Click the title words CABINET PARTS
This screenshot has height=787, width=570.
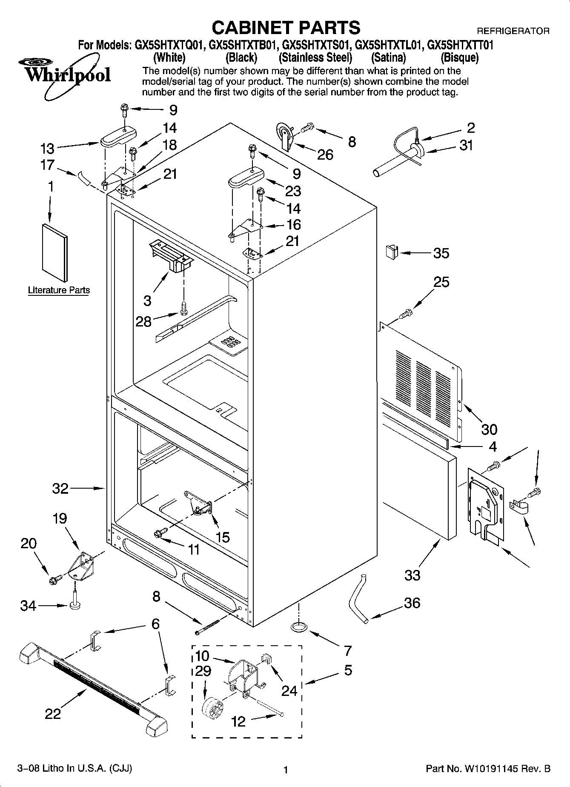click(x=286, y=28)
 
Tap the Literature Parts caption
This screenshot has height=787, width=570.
click(x=59, y=290)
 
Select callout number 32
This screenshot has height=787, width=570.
click(x=60, y=488)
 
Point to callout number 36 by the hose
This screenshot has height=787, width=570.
click(x=412, y=603)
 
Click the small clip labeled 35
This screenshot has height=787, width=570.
click(x=391, y=252)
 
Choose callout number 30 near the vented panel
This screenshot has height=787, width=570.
click(x=489, y=429)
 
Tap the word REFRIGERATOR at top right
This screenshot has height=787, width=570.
click(x=513, y=31)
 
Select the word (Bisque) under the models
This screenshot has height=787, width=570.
click(x=459, y=57)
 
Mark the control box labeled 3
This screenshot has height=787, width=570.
click(x=171, y=255)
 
